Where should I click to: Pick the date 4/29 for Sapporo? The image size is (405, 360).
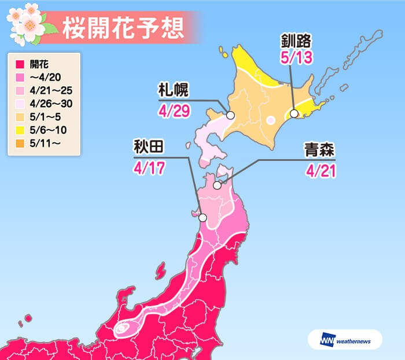coord(173,110)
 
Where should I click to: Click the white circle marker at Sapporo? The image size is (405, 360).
coord(230,115)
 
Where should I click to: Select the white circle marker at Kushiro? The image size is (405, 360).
coord(294,113)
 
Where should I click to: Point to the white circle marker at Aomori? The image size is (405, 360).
coord(217,185)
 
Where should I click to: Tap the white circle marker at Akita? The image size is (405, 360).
coord(203,218)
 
